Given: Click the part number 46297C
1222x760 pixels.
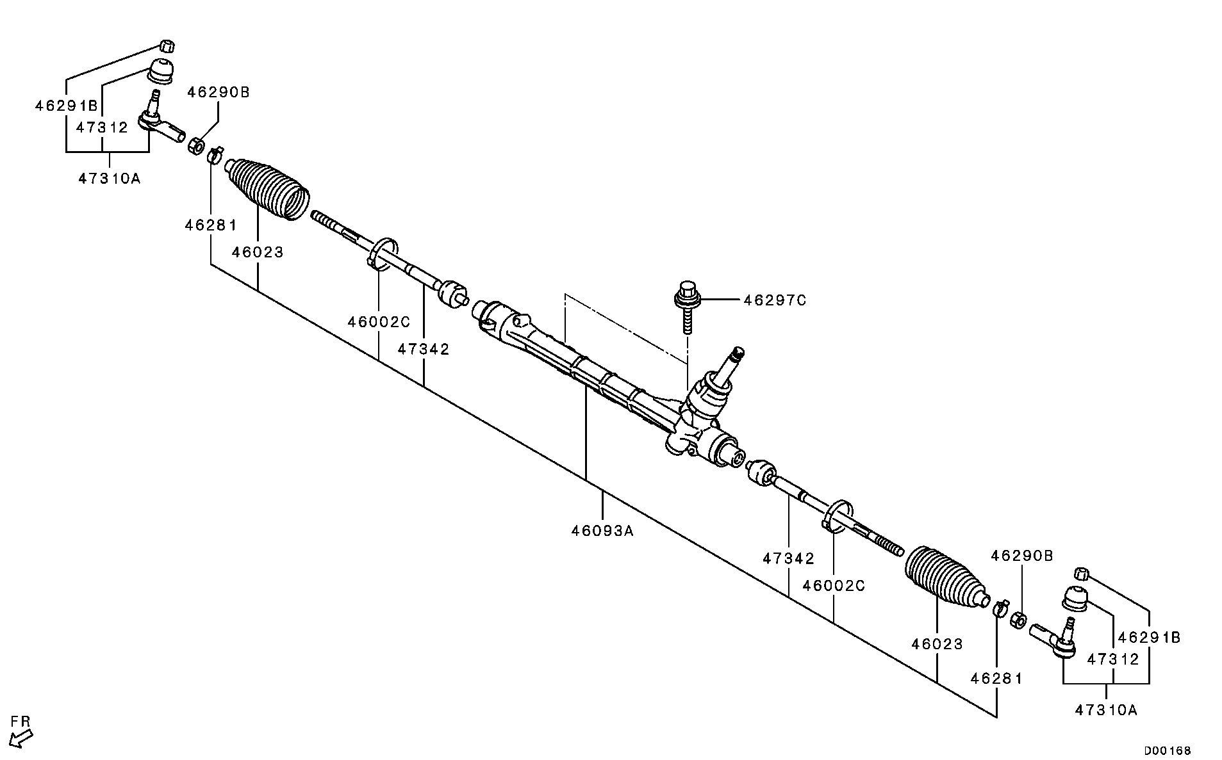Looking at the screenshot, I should coord(774,300).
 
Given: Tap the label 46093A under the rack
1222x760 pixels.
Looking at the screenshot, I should coord(602,531).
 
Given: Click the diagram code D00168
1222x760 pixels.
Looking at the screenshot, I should coord(1169,750).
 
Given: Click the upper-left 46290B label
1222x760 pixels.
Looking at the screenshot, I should coord(219,93).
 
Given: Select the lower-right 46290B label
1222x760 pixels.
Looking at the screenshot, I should coord(1022,556).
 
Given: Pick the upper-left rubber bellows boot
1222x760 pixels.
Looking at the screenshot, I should coord(268,184).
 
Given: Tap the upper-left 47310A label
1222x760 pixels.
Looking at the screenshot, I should coord(110,179).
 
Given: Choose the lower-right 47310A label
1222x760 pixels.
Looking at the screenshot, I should coord(1107,709).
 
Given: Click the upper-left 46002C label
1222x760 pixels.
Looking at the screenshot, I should coord(379,322).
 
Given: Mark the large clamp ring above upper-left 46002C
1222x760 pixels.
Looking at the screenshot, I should coord(384,254).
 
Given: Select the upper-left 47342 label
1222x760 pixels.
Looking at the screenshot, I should coord(424,350).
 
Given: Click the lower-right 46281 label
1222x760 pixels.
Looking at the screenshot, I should coord(996,678).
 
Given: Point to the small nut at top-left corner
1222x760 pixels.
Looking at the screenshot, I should coord(167,46).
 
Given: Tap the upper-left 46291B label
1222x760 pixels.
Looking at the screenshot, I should coord(66,106).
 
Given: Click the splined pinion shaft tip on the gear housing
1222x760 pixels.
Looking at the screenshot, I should coord(736,354).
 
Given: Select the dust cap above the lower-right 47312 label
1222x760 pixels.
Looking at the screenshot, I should coord(1076,598).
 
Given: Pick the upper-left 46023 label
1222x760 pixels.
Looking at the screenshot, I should coord(258,252).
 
